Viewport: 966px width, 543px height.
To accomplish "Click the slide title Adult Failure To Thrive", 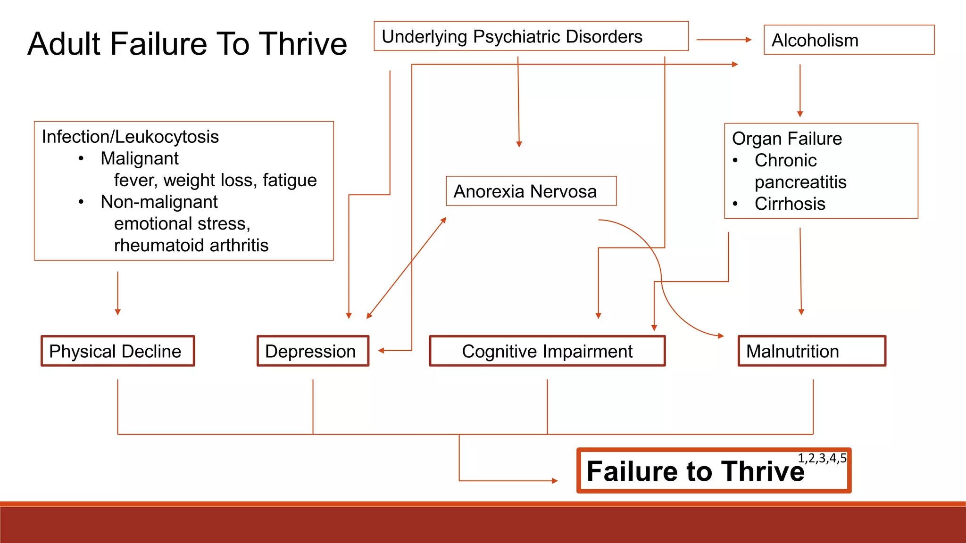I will [187, 44].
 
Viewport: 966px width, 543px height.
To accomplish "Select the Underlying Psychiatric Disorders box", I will [531, 36].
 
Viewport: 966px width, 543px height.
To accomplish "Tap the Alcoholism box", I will [849, 40].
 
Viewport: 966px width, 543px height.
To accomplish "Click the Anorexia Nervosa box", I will [531, 191].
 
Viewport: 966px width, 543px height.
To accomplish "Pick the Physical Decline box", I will [117, 351].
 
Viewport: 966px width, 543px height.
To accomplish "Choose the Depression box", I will [313, 351].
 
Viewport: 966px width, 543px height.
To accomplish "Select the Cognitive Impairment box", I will [547, 351].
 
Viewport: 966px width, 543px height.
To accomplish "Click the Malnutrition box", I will [812, 351].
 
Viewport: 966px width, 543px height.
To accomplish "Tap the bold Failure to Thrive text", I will [695, 471].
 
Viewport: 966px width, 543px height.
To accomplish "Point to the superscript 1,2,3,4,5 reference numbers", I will [822, 458].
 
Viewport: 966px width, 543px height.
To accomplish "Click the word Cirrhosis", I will [790, 204].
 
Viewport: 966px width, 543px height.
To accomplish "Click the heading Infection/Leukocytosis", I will [130, 137].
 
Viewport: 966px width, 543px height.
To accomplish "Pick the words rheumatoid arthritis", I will [191, 245].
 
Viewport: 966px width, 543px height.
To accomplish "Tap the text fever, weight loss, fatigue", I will [215, 180].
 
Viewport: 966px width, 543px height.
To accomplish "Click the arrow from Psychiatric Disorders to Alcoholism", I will [724, 40].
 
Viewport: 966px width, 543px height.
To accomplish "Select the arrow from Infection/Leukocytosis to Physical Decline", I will [118, 292].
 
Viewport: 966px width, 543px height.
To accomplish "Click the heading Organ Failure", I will [787, 139].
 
